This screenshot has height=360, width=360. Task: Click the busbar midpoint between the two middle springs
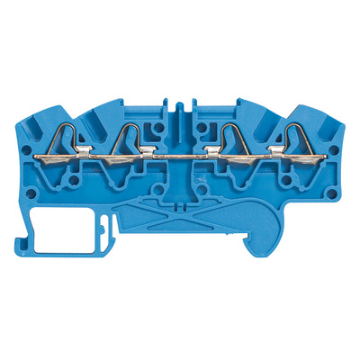[180, 160]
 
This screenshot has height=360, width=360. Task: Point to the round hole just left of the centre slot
[159, 128]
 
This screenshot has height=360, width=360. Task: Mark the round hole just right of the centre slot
[201, 128]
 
